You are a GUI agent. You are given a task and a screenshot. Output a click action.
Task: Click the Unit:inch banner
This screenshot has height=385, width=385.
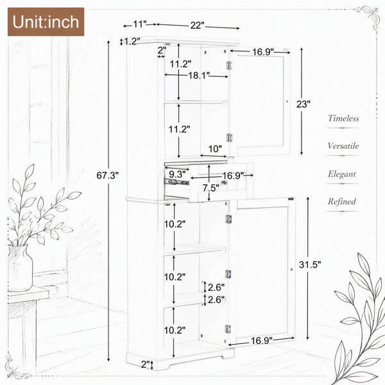coord(46,22)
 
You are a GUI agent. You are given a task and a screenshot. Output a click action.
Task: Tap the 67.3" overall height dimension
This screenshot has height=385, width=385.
coord(108,175)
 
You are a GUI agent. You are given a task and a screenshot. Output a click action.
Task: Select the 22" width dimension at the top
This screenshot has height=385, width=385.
coord(197,25)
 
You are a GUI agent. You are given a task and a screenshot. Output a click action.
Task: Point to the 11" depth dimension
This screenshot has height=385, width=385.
coord(140,24)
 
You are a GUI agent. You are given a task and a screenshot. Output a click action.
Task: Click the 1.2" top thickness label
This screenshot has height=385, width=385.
coord(132,41)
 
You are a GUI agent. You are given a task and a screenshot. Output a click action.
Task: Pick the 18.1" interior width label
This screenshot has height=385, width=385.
coord(199,75)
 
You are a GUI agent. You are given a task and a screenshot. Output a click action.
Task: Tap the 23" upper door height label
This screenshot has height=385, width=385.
coord(304,104)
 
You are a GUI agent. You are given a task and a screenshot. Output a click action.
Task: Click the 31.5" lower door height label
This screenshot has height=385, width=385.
coord(310,264)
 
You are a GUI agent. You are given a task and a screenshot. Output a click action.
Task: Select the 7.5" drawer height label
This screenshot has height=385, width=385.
coord(210,188)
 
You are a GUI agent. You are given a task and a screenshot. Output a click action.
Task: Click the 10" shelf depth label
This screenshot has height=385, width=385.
coord(215,149)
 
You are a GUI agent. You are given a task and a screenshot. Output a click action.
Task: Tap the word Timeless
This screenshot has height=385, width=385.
coord(343,118)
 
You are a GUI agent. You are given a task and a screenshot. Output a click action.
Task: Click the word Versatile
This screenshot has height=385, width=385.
coord(343,146)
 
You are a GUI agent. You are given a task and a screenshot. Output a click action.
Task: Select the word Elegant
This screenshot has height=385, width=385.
coord(342,174)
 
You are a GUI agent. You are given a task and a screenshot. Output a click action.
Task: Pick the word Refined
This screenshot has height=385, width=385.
coord(342,201)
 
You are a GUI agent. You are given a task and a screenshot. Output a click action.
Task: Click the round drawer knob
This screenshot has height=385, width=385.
coord(224,182)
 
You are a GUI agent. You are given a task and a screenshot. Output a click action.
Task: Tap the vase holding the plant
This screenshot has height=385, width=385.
coord(20,268)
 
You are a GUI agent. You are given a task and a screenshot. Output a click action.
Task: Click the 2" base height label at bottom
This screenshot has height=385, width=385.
coord(145,364)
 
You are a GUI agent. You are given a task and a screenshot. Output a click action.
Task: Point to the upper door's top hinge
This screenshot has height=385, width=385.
coord(229,65)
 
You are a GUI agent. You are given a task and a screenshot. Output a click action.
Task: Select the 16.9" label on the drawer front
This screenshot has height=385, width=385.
coord(233,176)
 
